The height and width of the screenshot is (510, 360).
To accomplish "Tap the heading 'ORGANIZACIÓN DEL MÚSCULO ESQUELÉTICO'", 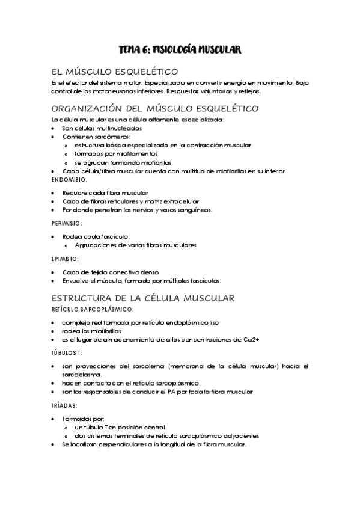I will [147, 109].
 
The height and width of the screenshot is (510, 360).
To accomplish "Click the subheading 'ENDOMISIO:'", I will [70, 180].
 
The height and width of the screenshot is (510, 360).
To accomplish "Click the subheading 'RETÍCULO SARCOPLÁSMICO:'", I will [92, 309].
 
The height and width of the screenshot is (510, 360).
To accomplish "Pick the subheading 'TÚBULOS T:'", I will [67, 352].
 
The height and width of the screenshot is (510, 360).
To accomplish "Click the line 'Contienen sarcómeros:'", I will [96, 137].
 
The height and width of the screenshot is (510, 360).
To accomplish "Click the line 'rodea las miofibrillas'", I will [91, 331].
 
